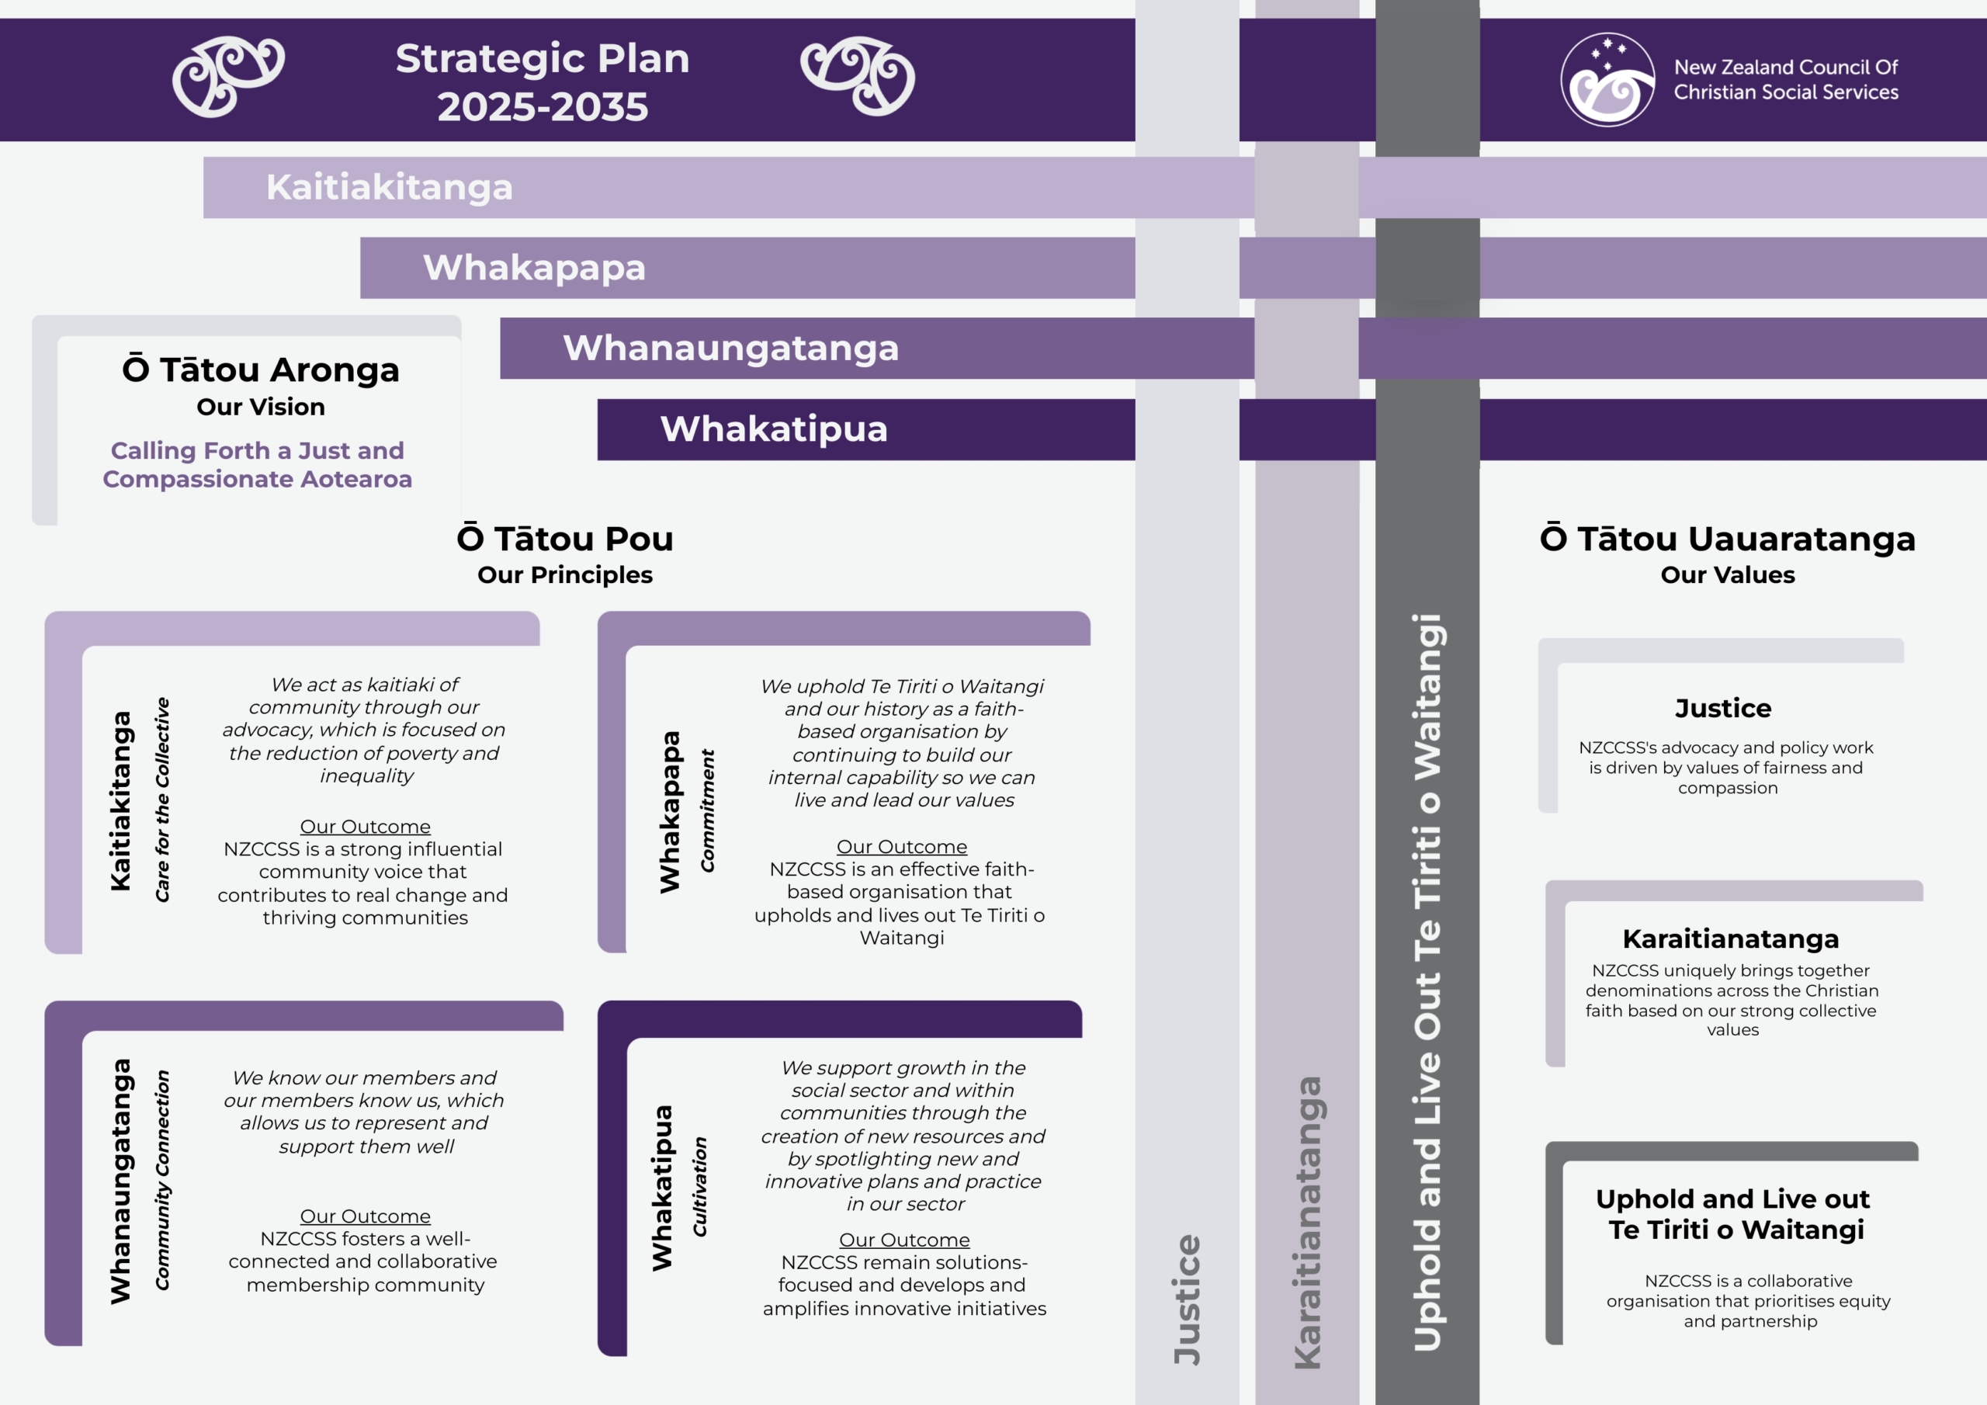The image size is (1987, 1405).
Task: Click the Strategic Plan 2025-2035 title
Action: (x=543, y=82)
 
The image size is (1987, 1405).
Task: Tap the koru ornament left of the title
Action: (x=228, y=76)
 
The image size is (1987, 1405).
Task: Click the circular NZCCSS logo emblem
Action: (x=1607, y=80)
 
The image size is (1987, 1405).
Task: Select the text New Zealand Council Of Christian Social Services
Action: (x=1785, y=80)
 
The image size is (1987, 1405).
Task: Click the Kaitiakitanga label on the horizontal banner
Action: (x=390, y=187)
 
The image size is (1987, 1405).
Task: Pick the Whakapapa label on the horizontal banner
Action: (x=534, y=268)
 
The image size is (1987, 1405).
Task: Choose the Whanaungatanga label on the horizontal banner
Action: (x=730, y=348)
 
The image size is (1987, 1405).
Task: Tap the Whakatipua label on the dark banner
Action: (x=774, y=428)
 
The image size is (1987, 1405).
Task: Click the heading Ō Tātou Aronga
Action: (x=261, y=369)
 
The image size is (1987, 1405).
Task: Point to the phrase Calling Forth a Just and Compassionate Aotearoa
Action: (x=257, y=465)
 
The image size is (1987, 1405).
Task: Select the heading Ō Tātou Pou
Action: (x=565, y=539)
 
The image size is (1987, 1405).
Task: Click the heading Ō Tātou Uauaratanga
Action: (x=1728, y=539)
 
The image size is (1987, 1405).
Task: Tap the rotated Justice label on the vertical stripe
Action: (x=1188, y=1299)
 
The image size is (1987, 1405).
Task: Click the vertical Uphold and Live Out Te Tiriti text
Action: (x=1428, y=983)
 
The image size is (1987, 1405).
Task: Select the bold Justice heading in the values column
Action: (x=1723, y=708)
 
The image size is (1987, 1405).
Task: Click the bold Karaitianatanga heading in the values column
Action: (x=1731, y=938)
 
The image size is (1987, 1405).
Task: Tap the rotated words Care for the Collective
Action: (x=163, y=800)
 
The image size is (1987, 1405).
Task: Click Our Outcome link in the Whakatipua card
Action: (x=904, y=1240)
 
